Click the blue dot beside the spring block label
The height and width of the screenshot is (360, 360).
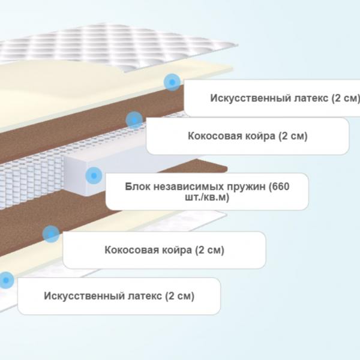(94, 176)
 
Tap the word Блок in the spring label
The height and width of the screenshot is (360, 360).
(137, 187)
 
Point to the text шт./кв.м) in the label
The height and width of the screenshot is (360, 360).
(207, 197)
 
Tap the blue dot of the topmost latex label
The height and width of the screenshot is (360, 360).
(172, 82)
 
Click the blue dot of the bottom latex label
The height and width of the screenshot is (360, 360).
(6, 280)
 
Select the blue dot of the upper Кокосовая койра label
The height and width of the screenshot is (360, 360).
(134, 120)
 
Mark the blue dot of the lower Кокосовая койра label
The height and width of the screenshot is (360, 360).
(51, 234)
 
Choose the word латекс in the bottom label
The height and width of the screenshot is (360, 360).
(145, 296)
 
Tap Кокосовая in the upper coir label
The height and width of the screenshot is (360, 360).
(215, 136)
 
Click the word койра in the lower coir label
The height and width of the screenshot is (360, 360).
(177, 250)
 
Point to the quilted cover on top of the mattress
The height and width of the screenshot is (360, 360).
(115, 46)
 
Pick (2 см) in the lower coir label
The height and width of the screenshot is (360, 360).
(209, 250)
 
